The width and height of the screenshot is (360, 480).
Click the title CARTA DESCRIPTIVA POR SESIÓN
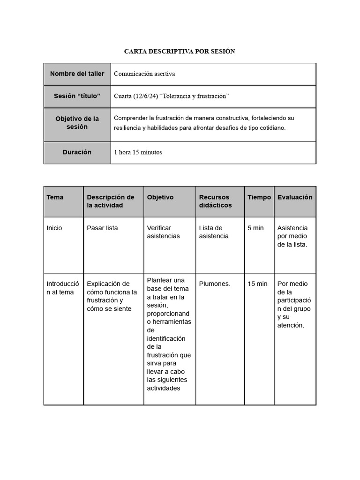[x=180, y=51]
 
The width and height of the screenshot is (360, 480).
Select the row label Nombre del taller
[x=77, y=74]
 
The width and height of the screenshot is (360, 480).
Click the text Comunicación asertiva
[x=144, y=74]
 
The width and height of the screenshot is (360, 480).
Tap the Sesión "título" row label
[x=77, y=96]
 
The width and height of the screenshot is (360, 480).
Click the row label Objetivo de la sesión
[x=77, y=123]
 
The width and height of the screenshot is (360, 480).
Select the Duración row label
[x=77, y=152]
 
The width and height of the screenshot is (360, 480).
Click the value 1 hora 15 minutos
[x=138, y=152]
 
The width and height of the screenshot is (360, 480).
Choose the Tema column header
[x=55, y=197]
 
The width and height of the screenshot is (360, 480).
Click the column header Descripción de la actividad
[x=111, y=202]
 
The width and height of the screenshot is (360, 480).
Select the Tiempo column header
[x=259, y=197]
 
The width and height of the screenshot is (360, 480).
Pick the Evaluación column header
[x=295, y=197]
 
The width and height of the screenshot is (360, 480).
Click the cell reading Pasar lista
[x=102, y=228]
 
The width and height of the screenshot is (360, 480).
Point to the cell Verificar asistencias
[x=163, y=232]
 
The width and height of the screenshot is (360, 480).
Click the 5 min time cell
[x=255, y=228]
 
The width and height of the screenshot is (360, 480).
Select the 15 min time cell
[x=257, y=284]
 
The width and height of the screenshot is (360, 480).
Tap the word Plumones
[x=215, y=284]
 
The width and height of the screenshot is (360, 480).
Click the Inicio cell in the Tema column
[x=54, y=228]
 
